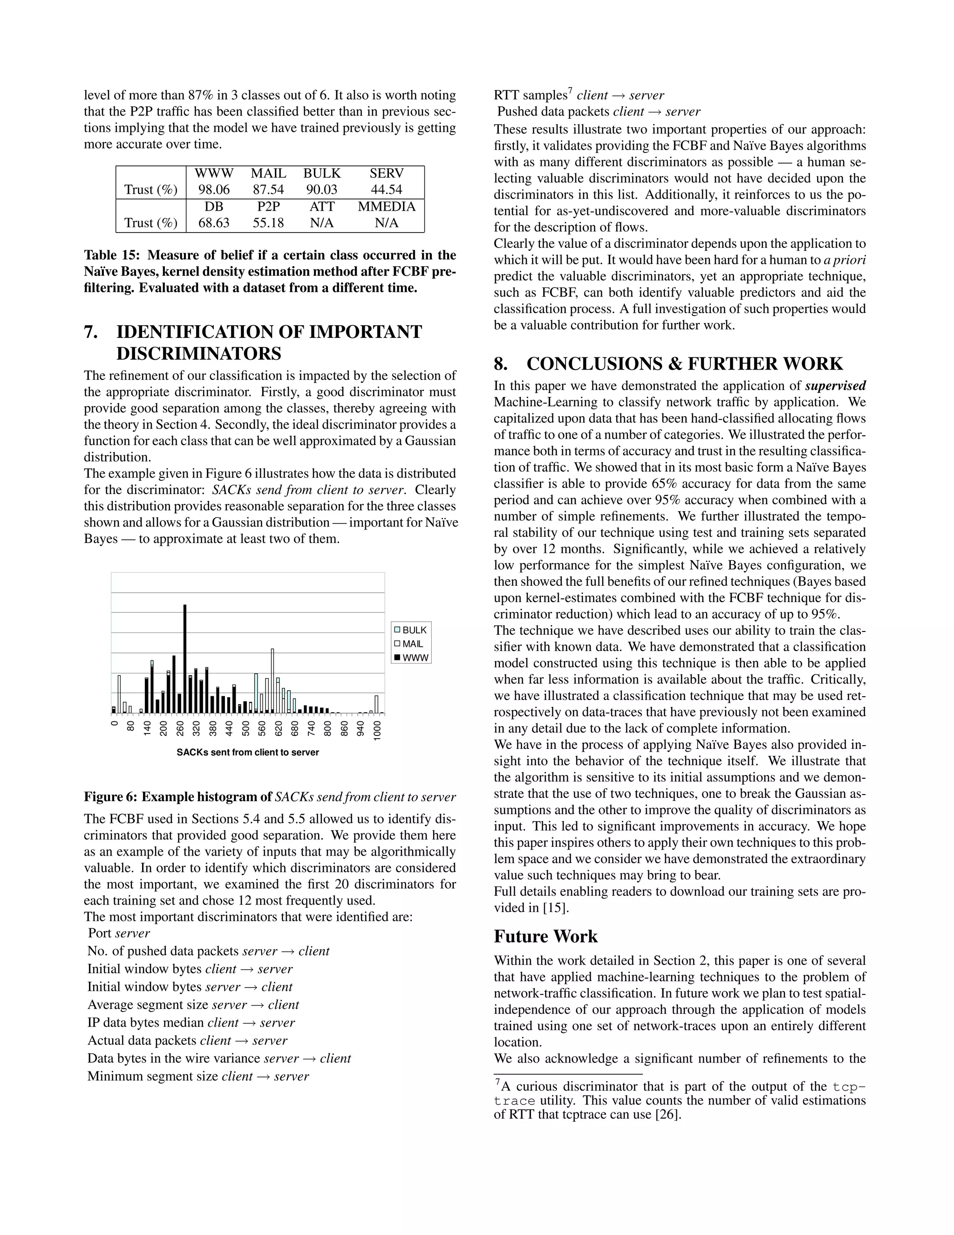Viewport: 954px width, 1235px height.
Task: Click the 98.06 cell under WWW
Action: [x=214, y=189]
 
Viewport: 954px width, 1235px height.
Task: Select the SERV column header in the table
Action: [x=386, y=173]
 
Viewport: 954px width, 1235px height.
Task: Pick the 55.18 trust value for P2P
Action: [x=268, y=223]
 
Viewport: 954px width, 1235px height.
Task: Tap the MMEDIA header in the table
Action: [x=386, y=206]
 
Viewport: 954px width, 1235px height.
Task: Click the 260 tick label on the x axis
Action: [x=180, y=728]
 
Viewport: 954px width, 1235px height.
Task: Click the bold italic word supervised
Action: [x=835, y=386]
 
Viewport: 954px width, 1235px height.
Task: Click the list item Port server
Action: [x=119, y=933]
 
